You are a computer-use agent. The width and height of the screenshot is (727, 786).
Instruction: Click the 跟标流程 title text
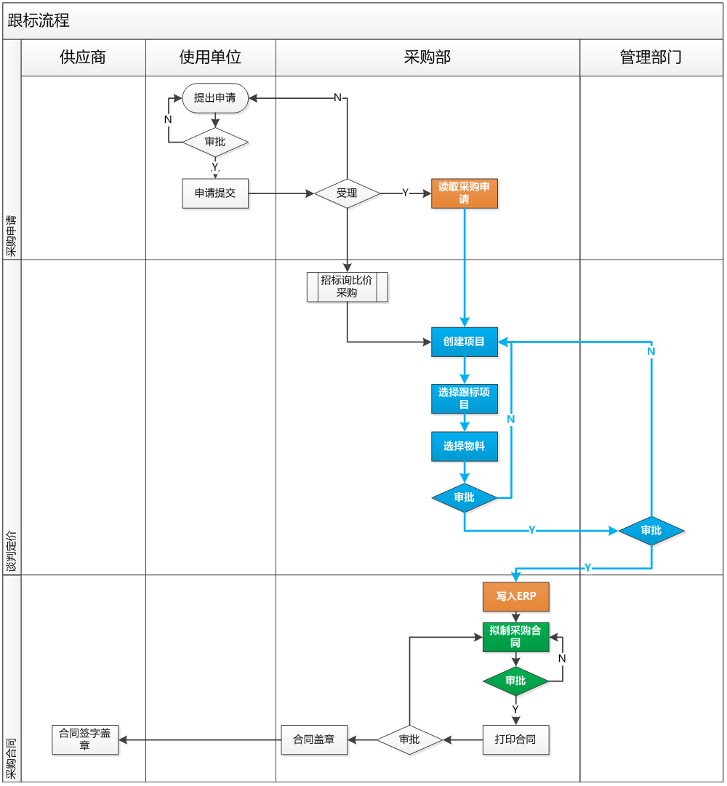coord(39,20)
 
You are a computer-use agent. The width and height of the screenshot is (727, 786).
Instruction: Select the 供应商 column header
coord(83,57)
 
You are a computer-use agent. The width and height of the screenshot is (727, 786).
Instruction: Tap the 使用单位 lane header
coord(210,57)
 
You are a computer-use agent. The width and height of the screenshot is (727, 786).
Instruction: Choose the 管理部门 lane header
coord(651,57)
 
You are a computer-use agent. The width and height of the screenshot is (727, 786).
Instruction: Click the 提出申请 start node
coord(215,98)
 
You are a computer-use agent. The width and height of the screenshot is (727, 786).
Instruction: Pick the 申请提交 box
coord(215,193)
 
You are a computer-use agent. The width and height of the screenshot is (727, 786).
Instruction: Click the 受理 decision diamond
coord(348,193)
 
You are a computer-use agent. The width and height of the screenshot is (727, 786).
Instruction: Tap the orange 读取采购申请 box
coord(464,193)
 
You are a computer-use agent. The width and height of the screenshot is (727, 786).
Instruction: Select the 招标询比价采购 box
coord(347,287)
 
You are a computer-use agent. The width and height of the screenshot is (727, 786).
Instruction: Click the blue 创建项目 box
coord(464,341)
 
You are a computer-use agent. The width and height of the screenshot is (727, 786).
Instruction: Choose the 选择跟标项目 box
coord(464,398)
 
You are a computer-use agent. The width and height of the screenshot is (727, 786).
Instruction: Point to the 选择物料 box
coord(464,446)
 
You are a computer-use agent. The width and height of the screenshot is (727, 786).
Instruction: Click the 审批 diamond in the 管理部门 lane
coord(651,531)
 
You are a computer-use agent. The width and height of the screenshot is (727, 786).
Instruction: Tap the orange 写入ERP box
coord(515,596)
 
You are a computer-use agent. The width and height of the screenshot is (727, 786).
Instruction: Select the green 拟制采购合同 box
coord(515,637)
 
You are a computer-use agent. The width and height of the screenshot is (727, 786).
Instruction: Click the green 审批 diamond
coord(515,681)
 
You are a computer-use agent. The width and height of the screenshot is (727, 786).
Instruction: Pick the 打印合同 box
coord(515,739)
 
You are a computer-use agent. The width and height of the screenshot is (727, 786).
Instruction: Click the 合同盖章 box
coord(314,739)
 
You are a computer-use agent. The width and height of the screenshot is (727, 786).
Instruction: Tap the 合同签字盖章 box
coord(85,739)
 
